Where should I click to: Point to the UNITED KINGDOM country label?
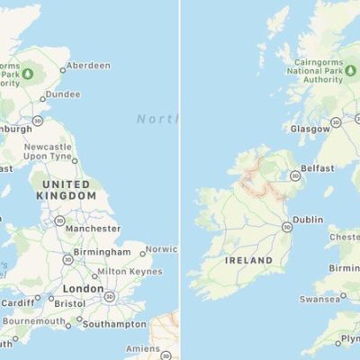64,189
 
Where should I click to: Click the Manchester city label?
94,229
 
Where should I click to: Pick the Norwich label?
162,249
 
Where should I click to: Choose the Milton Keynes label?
125,271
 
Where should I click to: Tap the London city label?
84,289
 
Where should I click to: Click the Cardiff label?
17,302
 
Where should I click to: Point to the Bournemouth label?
39,321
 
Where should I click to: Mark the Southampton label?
114,323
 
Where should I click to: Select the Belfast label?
318,168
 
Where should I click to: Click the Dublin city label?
308,218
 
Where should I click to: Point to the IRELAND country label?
248,260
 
